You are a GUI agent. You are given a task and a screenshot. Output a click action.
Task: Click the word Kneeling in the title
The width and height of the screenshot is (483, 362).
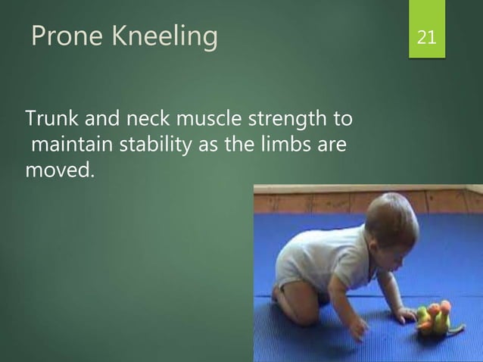pos(167,36)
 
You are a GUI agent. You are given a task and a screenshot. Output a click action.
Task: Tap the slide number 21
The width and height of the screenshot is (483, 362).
pos(426,36)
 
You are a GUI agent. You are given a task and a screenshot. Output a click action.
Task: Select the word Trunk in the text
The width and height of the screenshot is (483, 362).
pos(50,119)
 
